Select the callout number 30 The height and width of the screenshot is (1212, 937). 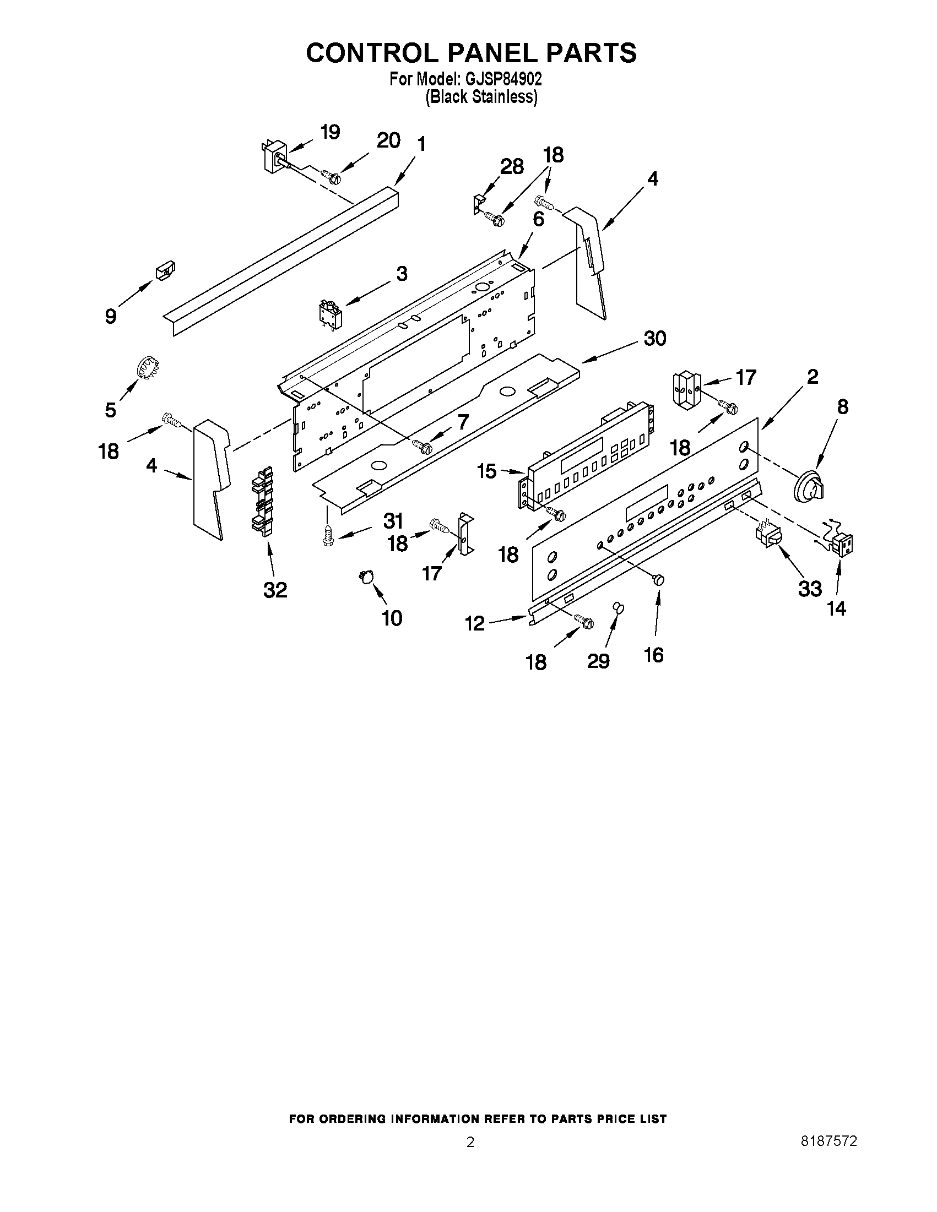654,338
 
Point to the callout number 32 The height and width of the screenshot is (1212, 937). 275,590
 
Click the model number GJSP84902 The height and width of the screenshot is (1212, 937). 503,80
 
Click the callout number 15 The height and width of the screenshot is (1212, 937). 487,472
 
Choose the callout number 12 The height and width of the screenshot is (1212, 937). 475,624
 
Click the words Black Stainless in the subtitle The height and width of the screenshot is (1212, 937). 481,97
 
